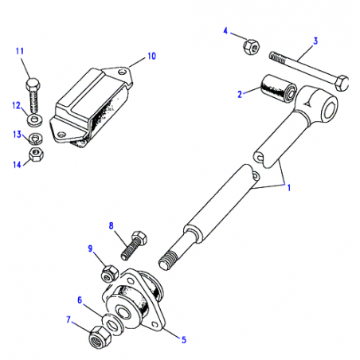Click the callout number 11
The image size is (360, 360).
tap(20, 51)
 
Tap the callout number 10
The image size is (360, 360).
tap(151, 56)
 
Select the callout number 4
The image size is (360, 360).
tap(225, 31)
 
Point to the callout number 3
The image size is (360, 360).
tap(315, 41)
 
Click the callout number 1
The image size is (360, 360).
tap(289, 188)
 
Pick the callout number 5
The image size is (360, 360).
tap(184, 339)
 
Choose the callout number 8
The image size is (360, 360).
tap(111, 225)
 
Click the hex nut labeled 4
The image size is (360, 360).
tap(251, 47)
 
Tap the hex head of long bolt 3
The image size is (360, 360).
tap(342, 83)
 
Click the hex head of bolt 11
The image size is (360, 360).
tap(33, 84)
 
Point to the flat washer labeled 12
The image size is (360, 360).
tap(34, 119)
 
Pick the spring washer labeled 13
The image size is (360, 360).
tap(35, 139)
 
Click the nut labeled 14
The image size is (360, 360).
tap(36, 155)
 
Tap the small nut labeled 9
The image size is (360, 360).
tap(109, 273)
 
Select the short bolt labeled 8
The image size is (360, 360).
tap(134, 245)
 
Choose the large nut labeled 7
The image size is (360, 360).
tap(100, 337)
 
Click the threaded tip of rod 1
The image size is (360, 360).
tap(168, 260)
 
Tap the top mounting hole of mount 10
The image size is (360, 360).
tap(122, 72)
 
